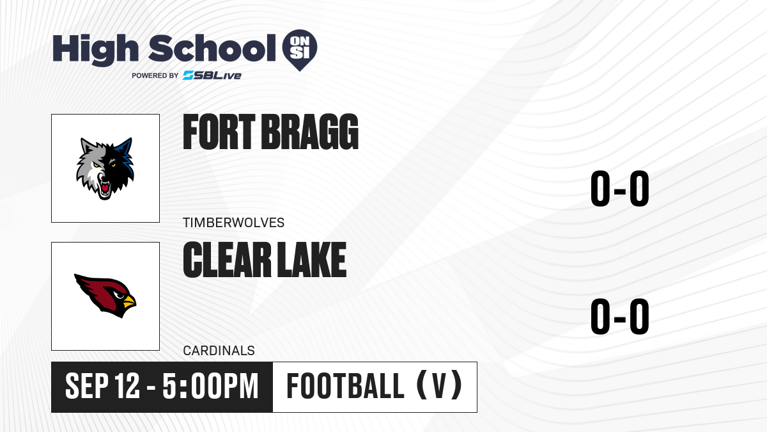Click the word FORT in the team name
click(x=219, y=132)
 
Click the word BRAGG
click(x=309, y=132)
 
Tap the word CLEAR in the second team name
click(x=228, y=259)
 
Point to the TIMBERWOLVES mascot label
click(x=233, y=223)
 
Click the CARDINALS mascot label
click(x=219, y=351)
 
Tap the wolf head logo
click(x=105, y=168)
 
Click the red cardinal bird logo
click(x=105, y=296)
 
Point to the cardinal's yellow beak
click(x=129, y=301)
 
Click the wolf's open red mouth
click(x=104, y=188)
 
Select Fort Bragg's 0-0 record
click(x=620, y=188)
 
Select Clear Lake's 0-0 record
click(x=620, y=316)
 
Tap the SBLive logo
click(x=212, y=76)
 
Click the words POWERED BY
click(x=155, y=76)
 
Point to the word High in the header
click(x=95, y=49)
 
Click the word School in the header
click(x=212, y=48)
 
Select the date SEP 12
click(x=102, y=386)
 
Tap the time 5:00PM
click(x=210, y=386)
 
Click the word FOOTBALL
click(x=345, y=386)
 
